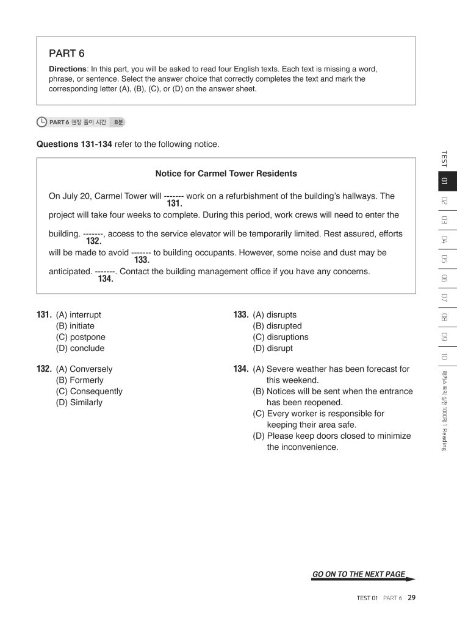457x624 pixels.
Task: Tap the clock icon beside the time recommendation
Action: [41, 122]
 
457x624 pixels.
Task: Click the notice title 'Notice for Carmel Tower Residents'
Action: [226, 174]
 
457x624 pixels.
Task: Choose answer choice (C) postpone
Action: [80, 337]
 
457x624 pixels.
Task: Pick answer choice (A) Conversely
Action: [84, 369]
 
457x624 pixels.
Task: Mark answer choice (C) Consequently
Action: [88, 391]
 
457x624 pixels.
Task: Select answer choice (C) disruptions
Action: [280, 337]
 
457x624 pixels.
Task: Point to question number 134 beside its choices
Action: [240, 369]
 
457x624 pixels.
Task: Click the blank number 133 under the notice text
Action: [142, 260]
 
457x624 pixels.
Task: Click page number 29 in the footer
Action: [411, 598]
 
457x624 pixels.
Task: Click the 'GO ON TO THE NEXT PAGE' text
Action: [358, 574]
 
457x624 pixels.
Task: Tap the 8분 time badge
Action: [116, 122]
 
